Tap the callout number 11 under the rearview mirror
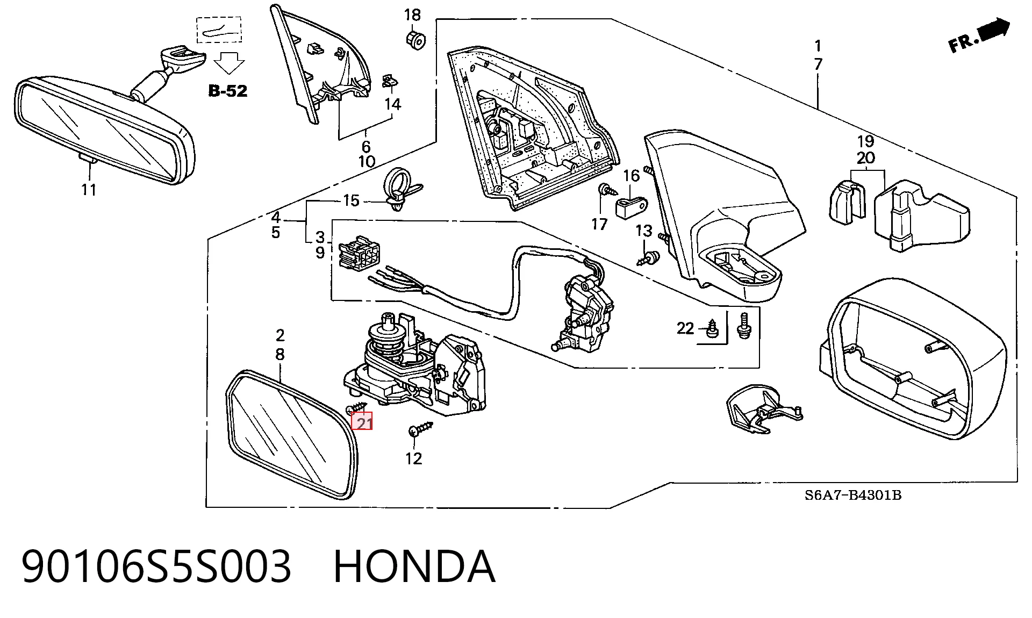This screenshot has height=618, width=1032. (x=89, y=189)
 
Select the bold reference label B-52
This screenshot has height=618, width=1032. (x=228, y=91)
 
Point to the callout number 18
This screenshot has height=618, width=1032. (x=412, y=15)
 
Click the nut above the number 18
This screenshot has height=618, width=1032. (x=414, y=39)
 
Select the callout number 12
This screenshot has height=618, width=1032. (x=413, y=458)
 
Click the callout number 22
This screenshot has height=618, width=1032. (x=685, y=328)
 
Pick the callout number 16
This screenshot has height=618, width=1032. (x=632, y=176)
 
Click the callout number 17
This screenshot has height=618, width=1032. (x=599, y=224)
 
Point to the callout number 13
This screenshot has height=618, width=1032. (x=643, y=231)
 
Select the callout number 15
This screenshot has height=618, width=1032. (x=350, y=201)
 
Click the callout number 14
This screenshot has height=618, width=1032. (x=393, y=104)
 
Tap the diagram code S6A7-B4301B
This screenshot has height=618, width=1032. (x=852, y=495)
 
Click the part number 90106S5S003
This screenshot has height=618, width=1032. (x=156, y=566)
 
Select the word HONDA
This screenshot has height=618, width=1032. (x=414, y=566)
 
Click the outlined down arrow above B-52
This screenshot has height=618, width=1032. (x=229, y=62)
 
